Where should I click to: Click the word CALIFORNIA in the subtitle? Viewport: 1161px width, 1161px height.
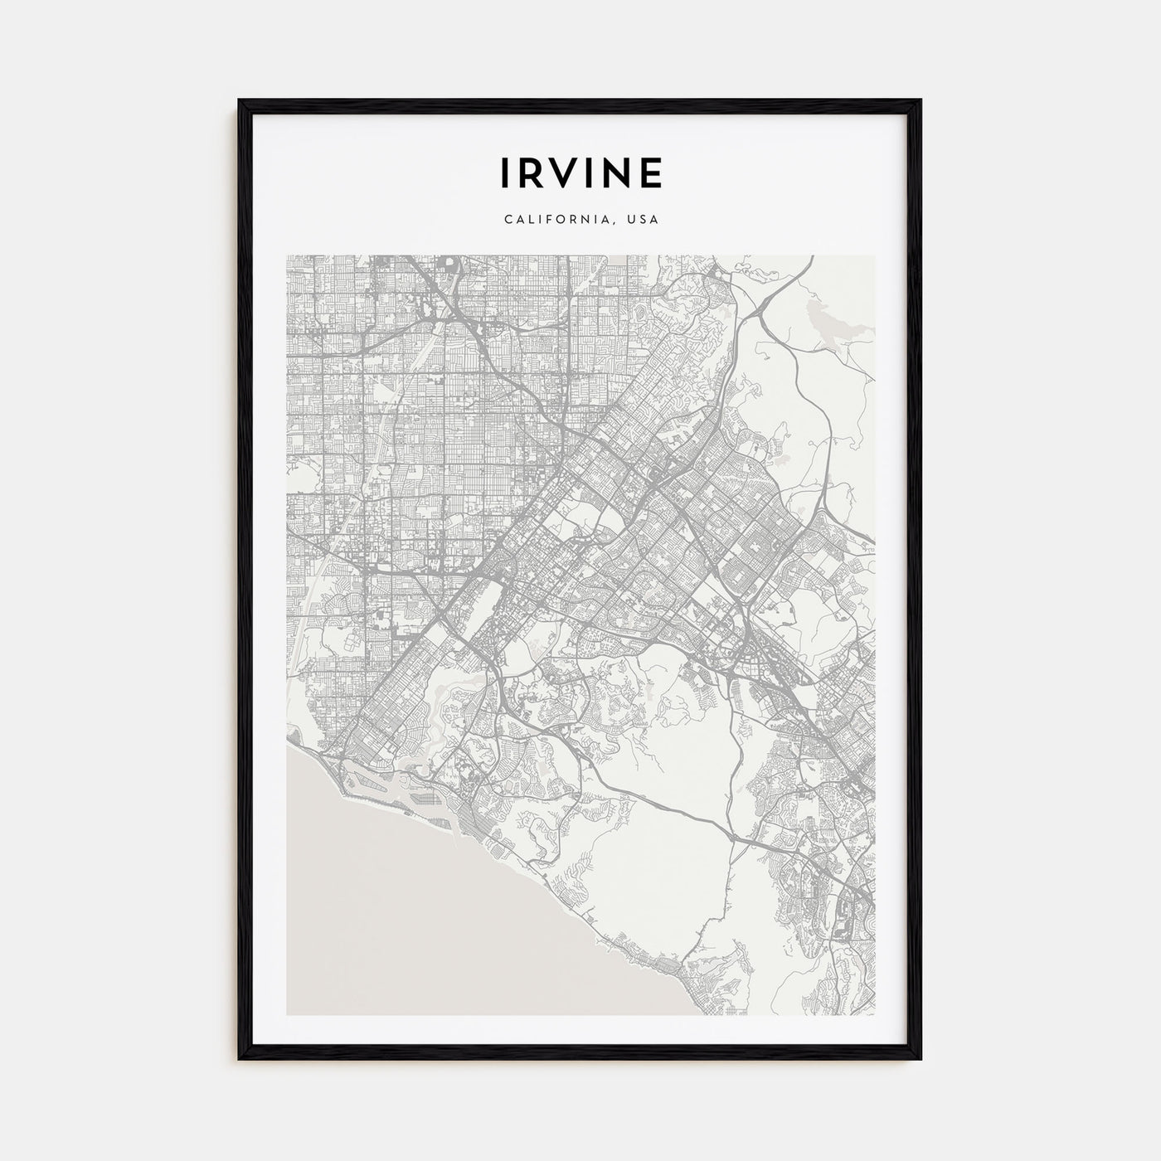point(558,220)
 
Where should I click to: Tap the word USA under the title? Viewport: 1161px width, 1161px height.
point(644,220)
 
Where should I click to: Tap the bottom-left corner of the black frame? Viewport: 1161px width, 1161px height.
point(240,1059)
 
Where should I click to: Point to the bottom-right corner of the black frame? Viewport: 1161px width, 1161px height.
point(920,1059)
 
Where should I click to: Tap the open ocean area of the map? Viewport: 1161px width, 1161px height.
point(398,912)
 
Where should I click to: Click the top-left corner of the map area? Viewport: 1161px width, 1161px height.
point(287,255)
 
